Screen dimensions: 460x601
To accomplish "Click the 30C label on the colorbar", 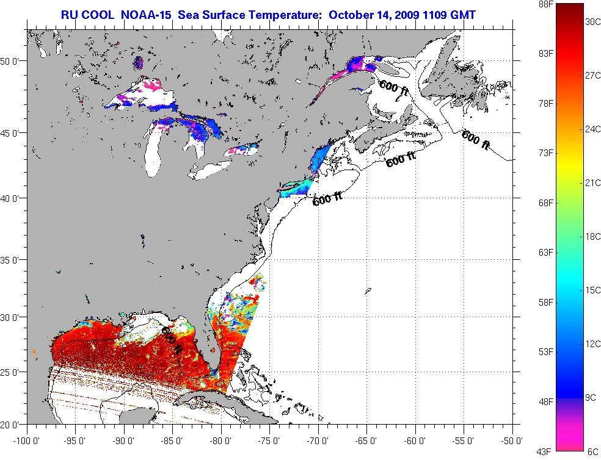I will pyautogui.click(x=592, y=21).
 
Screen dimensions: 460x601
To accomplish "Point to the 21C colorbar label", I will pyautogui.click(x=592, y=182).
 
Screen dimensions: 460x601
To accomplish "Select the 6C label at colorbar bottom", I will pyautogui.click(x=592, y=451).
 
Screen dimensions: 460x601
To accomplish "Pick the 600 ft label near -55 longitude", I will pyautogui.click(x=476, y=140).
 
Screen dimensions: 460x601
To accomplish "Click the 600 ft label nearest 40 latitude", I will pyautogui.click(x=327, y=199).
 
